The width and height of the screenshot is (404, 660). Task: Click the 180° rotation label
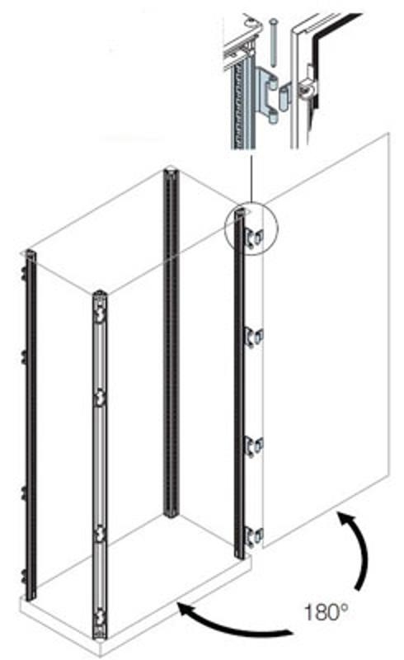[326, 612]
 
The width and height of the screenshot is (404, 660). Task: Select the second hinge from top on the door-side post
[254, 337]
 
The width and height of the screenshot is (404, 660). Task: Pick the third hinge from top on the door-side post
[254, 446]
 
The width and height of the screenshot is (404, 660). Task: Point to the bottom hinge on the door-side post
[254, 537]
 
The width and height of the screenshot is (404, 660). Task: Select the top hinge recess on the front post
[99, 315]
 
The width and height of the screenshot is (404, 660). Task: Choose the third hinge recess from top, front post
[99, 535]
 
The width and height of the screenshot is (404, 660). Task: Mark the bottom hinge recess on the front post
[99, 617]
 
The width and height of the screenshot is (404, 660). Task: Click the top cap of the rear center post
[171, 173]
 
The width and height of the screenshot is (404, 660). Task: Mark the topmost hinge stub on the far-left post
[22, 274]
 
